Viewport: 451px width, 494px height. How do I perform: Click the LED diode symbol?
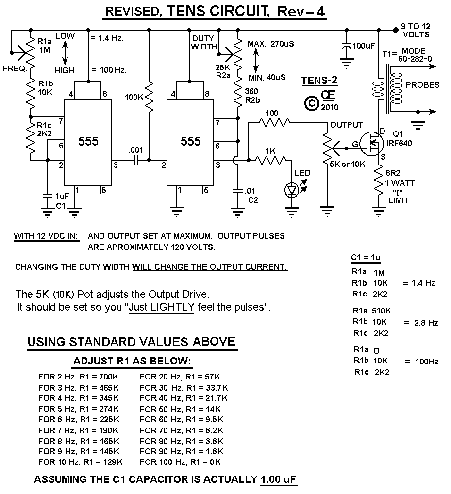coord(292,191)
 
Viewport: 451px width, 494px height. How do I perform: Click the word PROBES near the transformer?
coord(422,85)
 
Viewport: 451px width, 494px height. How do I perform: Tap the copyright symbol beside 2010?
coord(311,103)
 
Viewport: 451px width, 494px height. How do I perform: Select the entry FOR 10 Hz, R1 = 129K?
coord(80,461)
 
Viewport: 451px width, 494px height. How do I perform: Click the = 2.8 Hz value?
coord(420,323)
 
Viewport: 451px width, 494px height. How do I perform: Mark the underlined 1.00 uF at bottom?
coord(278,479)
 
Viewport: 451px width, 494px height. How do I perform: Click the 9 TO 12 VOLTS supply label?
coord(416,30)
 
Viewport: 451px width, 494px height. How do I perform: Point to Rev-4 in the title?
coord(301,12)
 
